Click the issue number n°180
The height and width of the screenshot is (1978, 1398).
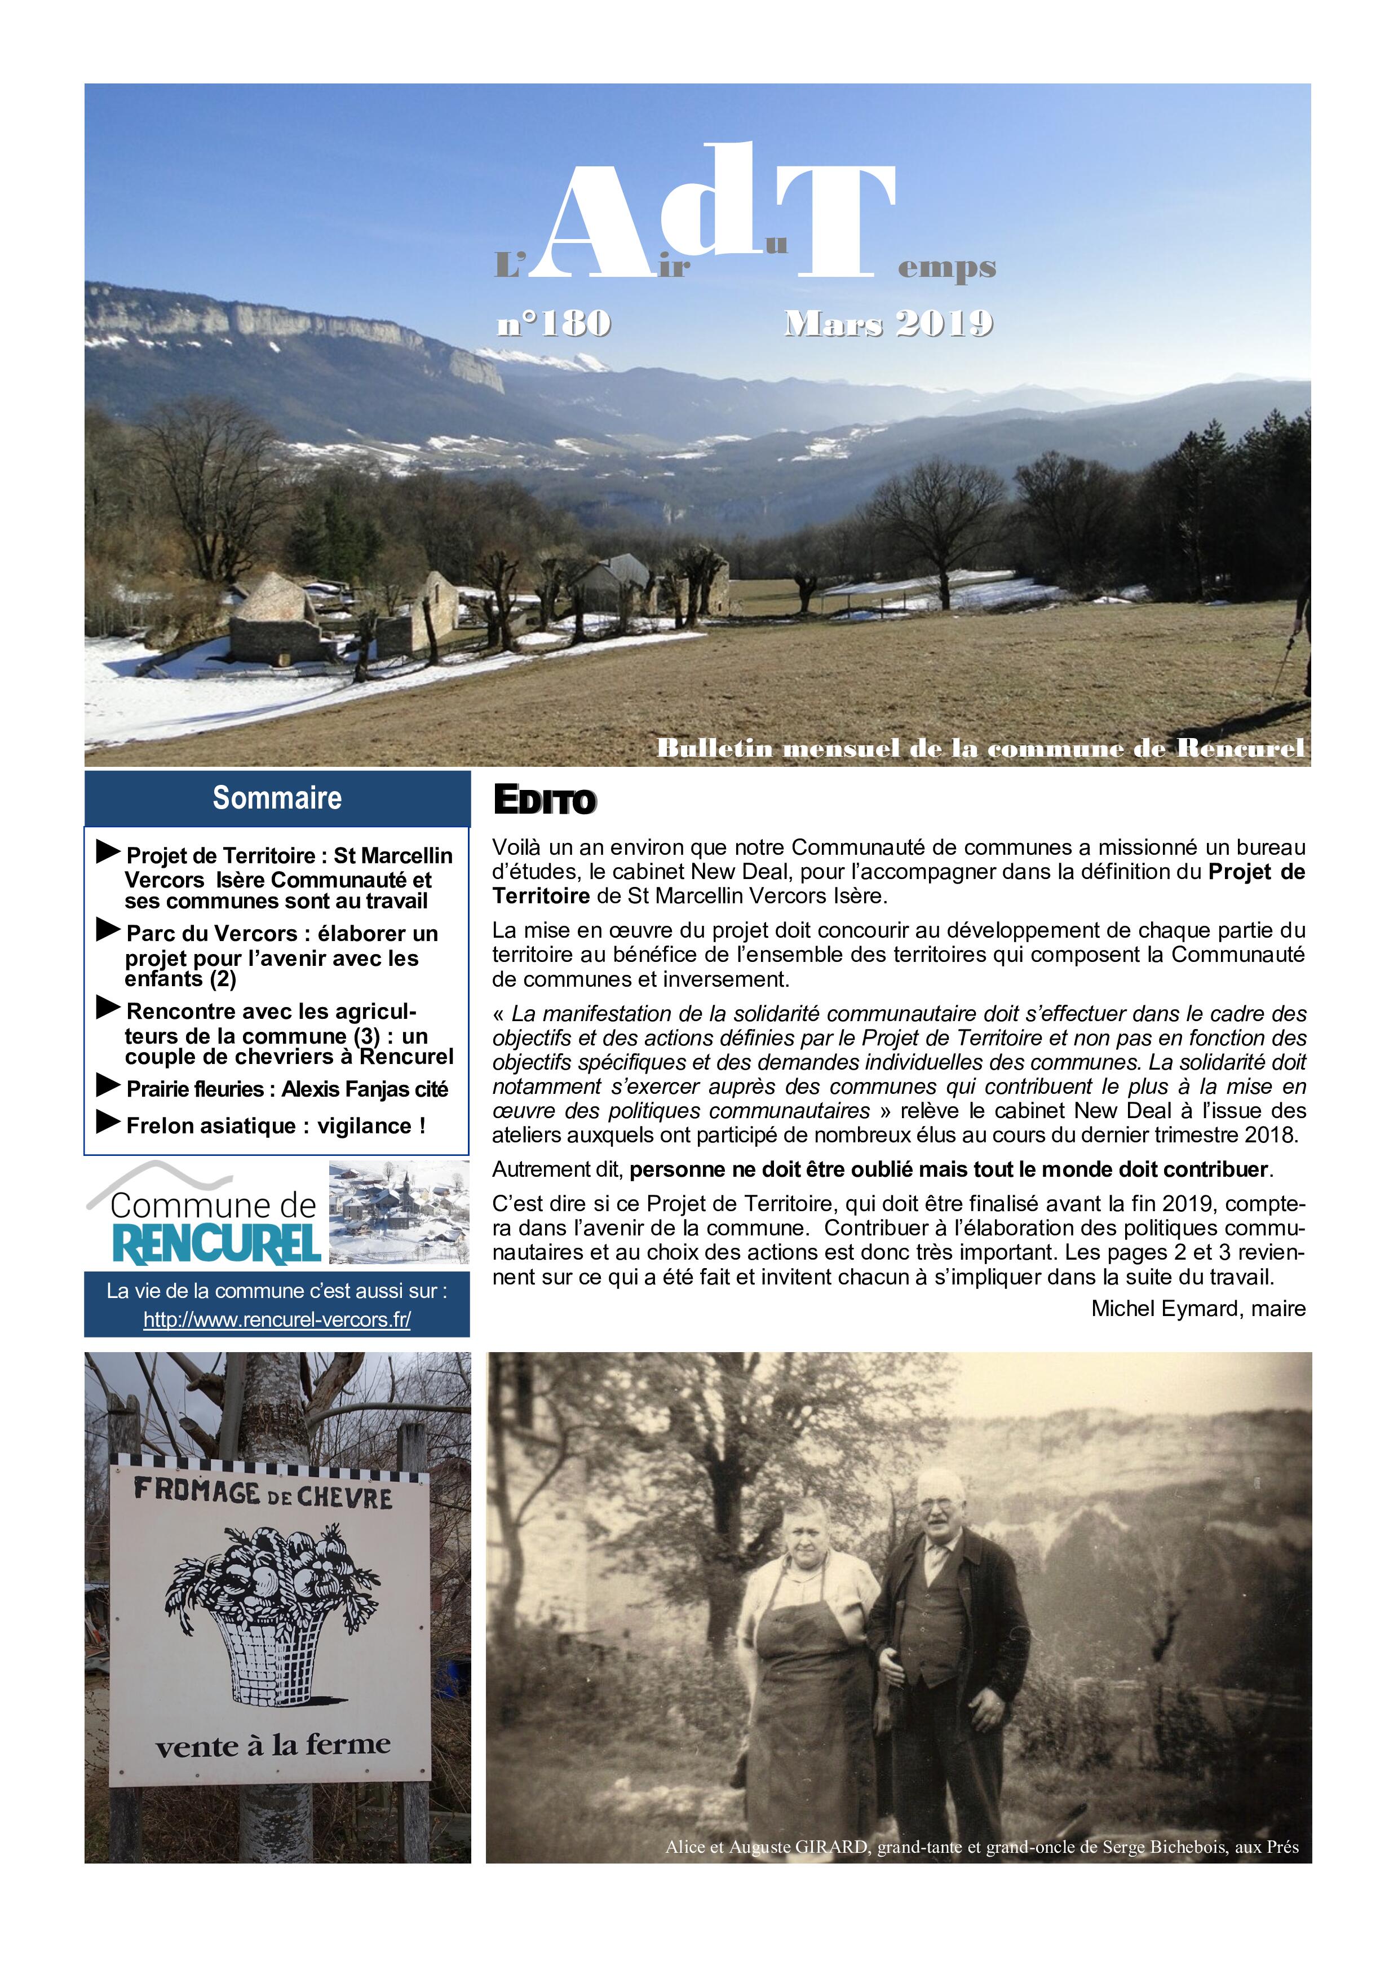pos(554,323)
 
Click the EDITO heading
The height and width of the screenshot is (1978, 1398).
pos(545,800)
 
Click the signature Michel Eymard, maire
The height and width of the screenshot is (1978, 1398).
pos(1197,1309)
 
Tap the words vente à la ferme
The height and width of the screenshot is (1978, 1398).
pos(272,1745)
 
